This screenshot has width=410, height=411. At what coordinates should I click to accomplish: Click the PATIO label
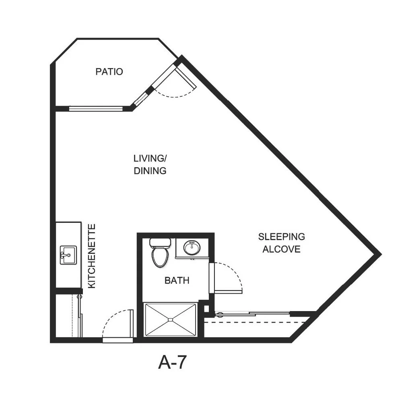tap(109, 72)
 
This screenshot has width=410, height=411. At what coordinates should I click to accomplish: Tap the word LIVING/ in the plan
tap(150, 158)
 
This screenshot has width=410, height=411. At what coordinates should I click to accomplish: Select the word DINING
tap(150, 170)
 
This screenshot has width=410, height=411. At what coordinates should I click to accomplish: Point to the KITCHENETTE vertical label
tap(91, 256)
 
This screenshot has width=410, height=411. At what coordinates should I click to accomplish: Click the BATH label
tap(177, 280)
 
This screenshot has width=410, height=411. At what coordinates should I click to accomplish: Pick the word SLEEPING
tap(282, 237)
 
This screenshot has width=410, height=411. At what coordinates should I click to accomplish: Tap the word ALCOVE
tap(282, 249)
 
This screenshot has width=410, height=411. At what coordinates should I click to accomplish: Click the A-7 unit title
tap(172, 362)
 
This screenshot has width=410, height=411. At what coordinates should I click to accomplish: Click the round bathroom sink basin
tap(192, 248)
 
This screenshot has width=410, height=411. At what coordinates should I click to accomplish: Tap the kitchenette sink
tap(68, 255)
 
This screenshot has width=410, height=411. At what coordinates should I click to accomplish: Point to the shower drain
tap(171, 320)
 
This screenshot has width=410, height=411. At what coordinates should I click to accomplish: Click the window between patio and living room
tap(96, 108)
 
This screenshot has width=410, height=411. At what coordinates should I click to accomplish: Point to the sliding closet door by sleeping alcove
tap(253, 313)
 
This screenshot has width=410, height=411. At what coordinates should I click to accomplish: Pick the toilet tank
tap(160, 243)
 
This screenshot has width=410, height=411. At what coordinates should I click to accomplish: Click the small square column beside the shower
tap(206, 309)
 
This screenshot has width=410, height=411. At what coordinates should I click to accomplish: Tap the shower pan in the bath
tap(171, 320)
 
